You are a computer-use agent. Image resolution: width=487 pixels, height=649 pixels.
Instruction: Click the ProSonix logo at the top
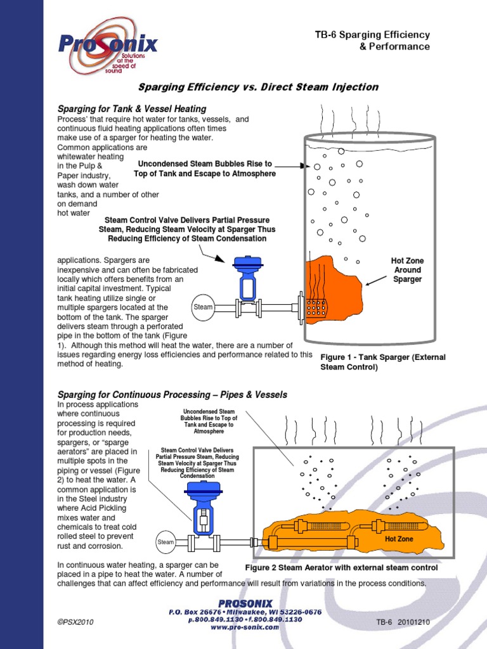108,46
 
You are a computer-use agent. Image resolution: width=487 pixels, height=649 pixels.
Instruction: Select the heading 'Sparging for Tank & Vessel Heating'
132,109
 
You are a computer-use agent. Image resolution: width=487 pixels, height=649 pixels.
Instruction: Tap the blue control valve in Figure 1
246,279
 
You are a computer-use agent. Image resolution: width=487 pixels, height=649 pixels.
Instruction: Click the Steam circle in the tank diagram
203,307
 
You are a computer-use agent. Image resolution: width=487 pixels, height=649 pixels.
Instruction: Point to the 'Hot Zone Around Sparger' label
408,270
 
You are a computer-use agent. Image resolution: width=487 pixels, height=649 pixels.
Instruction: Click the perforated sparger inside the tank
315,307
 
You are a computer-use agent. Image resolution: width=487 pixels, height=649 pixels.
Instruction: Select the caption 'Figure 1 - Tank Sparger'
383,362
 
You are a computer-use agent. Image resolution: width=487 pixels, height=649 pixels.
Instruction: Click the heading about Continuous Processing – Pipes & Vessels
172,395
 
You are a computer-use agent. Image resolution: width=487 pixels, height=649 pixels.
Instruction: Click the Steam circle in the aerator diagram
166,542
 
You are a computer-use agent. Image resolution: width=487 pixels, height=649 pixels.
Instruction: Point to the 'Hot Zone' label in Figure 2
399,539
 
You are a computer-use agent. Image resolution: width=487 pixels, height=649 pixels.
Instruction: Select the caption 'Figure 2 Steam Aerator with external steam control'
341,568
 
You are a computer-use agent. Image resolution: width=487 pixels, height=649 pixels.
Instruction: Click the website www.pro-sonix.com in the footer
245,627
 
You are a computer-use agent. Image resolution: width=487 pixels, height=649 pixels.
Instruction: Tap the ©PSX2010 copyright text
75,622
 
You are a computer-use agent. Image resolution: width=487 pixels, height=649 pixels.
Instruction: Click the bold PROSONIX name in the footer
245,603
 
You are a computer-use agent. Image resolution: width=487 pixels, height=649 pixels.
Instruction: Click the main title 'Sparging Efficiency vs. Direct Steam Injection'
258,87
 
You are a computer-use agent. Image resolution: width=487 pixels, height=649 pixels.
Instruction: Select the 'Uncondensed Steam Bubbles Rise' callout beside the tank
205,169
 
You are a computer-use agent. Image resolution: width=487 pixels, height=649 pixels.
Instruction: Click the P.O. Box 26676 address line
245,612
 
